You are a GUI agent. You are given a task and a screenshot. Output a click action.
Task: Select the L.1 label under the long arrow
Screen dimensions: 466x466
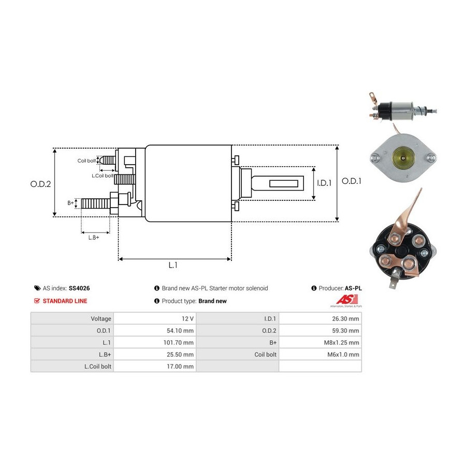coord(173,265)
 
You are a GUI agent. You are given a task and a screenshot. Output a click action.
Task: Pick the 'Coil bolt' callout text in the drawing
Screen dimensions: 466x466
coord(86,161)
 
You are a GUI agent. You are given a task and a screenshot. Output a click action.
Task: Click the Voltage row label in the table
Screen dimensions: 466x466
coord(101,318)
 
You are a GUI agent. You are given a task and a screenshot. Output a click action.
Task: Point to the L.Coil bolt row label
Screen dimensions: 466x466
coord(98,366)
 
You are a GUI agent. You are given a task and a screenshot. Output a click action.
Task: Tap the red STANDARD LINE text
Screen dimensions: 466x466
coord(65,301)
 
